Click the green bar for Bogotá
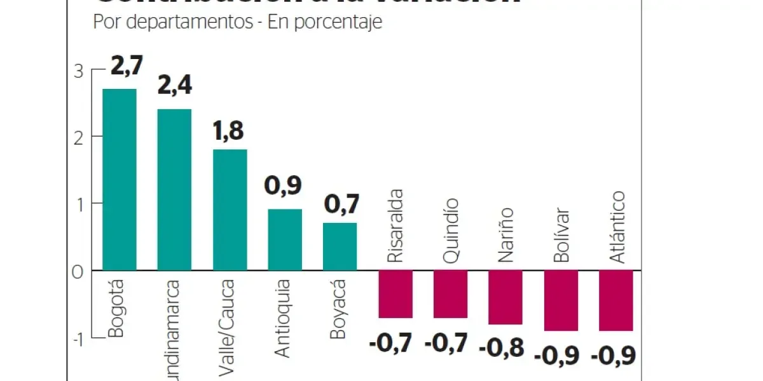point(120,179)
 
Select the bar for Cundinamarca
point(174,189)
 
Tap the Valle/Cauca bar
point(230,210)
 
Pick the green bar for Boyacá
point(340,246)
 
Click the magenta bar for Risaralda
point(395,293)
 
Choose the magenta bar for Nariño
point(505,297)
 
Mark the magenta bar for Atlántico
point(615,300)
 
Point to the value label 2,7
point(127,66)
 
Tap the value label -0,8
point(502,348)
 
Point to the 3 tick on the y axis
point(78,72)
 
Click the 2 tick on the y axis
point(78,138)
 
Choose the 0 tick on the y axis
point(78,272)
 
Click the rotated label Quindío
point(450,231)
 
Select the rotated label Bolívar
point(561,235)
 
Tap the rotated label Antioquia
point(283,317)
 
